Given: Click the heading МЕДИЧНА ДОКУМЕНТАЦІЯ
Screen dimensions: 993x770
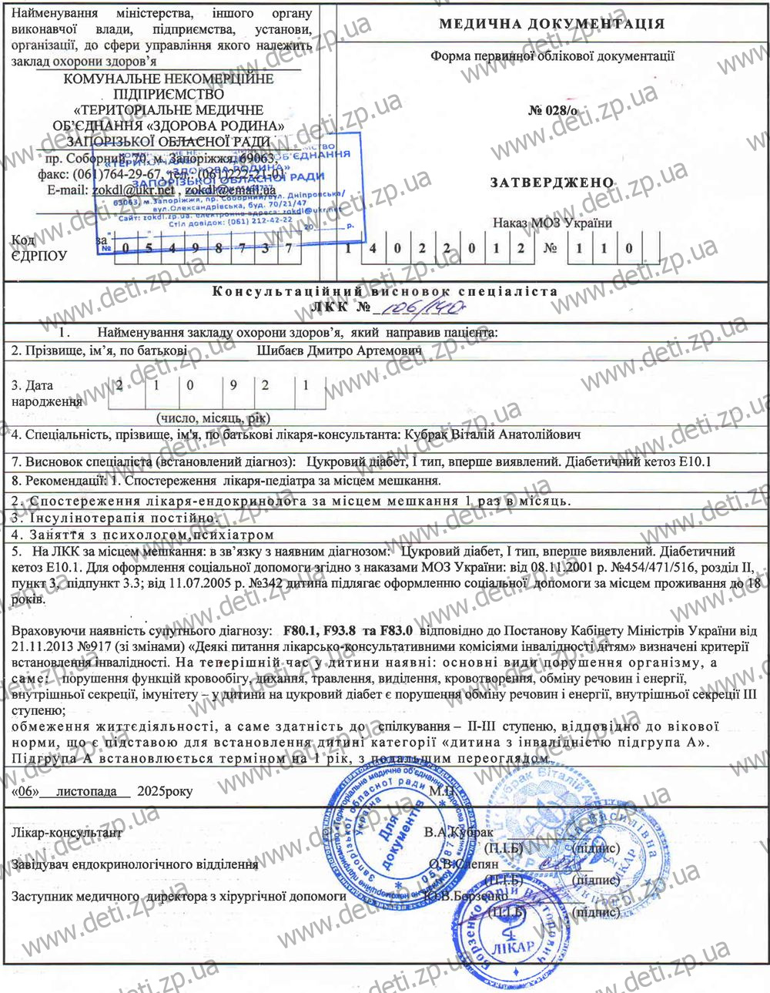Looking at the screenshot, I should [x=551, y=24].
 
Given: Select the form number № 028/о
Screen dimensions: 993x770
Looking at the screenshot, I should [x=552, y=110].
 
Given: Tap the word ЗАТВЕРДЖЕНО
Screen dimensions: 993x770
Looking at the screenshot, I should [x=552, y=183].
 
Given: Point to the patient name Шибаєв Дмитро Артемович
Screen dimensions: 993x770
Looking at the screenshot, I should [x=339, y=351].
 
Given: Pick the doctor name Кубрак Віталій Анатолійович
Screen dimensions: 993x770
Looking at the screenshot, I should [x=492, y=434].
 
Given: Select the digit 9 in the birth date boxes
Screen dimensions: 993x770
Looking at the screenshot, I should [x=233, y=384].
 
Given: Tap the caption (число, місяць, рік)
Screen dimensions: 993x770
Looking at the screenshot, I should [x=213, y=418].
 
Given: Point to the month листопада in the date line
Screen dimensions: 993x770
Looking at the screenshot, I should [x=86, y=791].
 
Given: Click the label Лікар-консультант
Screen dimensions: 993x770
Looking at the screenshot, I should [x=67, y=833].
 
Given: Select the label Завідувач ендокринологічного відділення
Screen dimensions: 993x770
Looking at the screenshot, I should [x=135, y=864].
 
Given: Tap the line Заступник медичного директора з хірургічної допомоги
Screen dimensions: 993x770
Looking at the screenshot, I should [x=179, y=897].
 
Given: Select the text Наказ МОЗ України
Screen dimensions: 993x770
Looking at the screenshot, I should [x=552, y=223].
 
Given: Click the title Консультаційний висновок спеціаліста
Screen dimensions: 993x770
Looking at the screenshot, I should [x=384, y=291].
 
